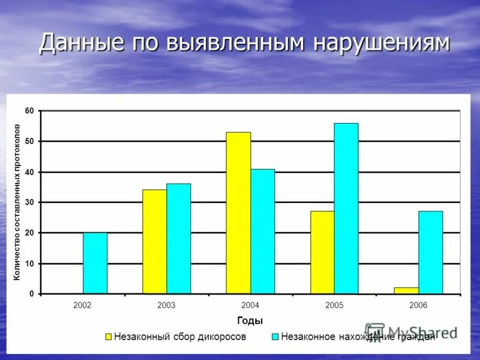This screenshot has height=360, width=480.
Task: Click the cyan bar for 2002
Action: [x=95, y=263]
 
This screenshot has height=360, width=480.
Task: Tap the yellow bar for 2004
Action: [x=238, y=213]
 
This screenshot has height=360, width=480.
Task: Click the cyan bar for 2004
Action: [x=263, y=232]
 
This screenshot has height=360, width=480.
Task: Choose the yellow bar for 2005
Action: [x=322, y=253]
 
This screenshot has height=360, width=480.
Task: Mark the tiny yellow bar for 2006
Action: [x=406, y=291]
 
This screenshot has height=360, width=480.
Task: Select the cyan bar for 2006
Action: [x=431, y=253]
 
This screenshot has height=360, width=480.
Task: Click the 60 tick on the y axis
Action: [x=29, y=111]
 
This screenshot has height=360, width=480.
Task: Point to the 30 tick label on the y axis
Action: [x=29, y=203]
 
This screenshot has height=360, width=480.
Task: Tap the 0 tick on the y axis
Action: [x=31, y=294]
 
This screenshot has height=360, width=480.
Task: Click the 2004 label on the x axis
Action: [x=250, y=305]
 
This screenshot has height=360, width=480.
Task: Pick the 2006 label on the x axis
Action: [x=418, y=305]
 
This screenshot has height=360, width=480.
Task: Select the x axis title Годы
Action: [x=250, y=320]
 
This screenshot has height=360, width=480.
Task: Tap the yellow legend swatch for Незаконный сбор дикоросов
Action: [x=109, y=337]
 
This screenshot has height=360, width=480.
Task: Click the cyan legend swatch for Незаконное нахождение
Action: [x=275, y=337]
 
